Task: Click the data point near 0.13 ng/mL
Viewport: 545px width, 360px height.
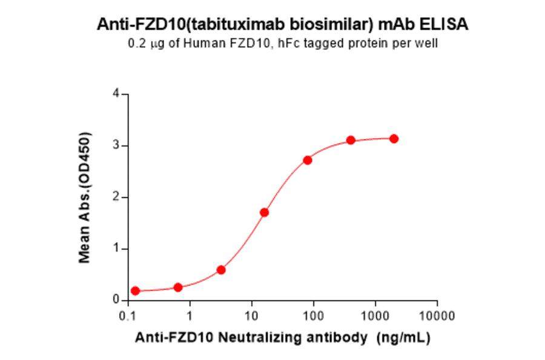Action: pos(135,291)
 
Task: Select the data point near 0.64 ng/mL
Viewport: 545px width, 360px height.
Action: pos(178,287)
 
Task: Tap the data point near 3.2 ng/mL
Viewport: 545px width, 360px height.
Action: pos(221,270)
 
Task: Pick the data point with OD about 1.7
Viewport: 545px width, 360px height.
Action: pos(264,212)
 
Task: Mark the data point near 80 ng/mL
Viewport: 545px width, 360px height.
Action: pos(308,160)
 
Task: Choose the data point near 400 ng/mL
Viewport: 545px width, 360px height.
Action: pos(351,140)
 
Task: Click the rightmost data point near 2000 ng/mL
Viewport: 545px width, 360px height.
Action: pos(394,139)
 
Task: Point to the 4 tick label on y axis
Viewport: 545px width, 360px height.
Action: pos(115,94)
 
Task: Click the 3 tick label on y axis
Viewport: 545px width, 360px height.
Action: pos(115,145)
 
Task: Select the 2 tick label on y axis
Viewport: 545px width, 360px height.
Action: pos(115,197)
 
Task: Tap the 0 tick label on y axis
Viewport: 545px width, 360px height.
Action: pos(115,300)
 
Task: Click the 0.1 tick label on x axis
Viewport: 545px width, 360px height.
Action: pos(128,316)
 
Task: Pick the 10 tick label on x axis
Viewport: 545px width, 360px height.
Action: pos(252,316)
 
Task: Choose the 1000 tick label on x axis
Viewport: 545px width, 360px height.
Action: pos(375,316)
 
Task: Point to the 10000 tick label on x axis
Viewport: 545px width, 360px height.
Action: pos(437,316)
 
